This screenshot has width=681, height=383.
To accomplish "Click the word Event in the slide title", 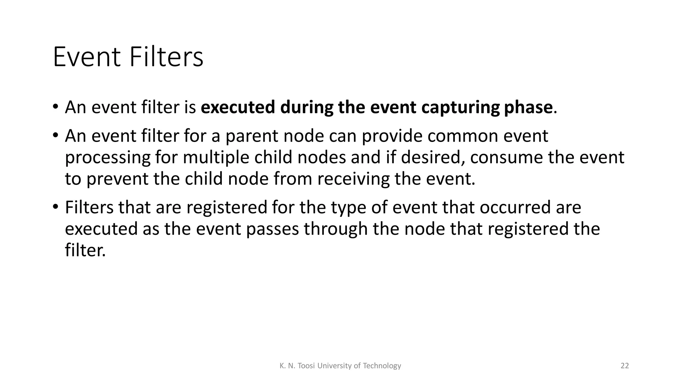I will click(x=87, y=58).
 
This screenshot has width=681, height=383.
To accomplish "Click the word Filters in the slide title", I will click(x=166, y=58).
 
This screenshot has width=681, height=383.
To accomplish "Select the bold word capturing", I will click(x=460, y=108).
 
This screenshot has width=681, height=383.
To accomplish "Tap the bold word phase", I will click(x=528, y=108).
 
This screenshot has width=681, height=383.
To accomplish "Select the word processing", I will click(x=108, y=158).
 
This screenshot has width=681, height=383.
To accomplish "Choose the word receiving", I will click(x=353, y=179).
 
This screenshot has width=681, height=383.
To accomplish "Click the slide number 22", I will click(x=625, y=366).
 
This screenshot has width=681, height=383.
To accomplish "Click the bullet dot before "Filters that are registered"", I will click(x=55, y=207).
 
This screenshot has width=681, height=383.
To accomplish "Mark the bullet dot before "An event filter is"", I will click(x=55, y=107).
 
